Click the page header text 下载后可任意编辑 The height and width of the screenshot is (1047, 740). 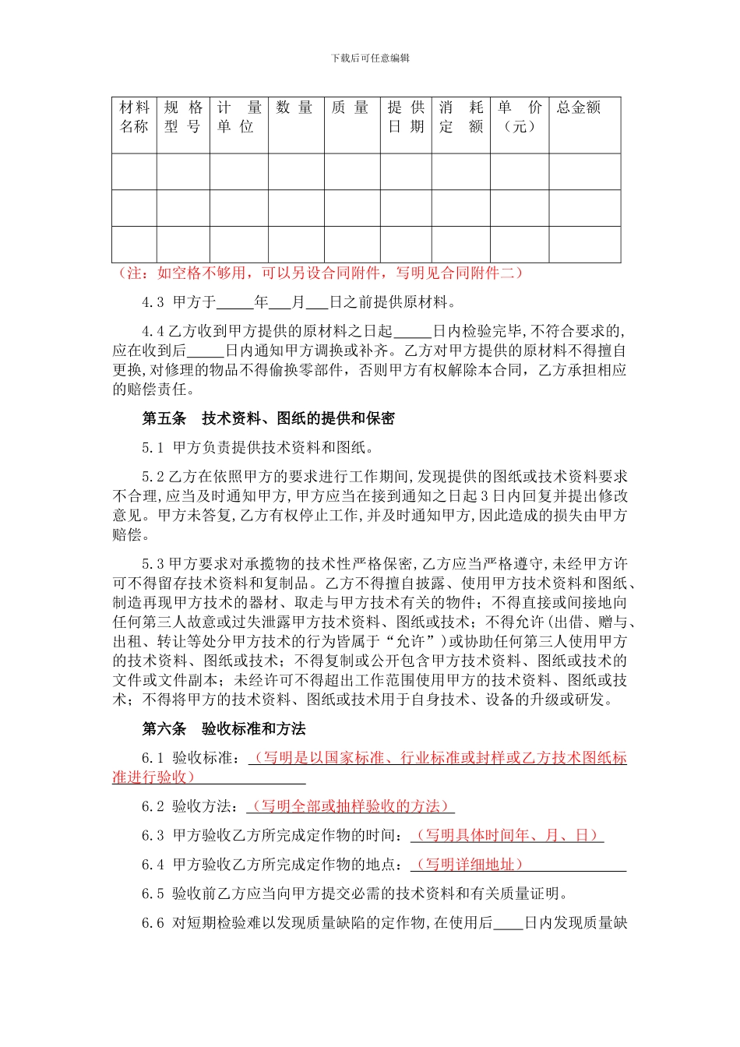370,58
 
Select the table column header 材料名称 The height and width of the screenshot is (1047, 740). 134,117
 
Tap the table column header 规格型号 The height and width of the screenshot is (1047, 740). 183,117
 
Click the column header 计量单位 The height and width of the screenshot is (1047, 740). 238,117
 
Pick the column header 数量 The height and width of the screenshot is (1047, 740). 295,108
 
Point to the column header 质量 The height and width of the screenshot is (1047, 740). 351,108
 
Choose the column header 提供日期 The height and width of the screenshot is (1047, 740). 406,117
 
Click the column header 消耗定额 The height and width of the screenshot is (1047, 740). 460,117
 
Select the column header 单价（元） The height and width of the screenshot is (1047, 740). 519,117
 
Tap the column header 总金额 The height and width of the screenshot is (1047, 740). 579,108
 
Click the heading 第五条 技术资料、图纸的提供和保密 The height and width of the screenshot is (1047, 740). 268,418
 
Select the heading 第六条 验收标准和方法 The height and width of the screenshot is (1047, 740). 224,728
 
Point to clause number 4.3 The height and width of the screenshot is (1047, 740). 153,302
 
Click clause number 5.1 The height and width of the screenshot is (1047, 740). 153,447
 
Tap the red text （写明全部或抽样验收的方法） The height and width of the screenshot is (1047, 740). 351,806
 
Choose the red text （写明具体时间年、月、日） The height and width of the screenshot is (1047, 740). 506,835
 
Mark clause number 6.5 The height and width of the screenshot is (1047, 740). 153,894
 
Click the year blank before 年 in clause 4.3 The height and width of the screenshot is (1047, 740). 235,303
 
